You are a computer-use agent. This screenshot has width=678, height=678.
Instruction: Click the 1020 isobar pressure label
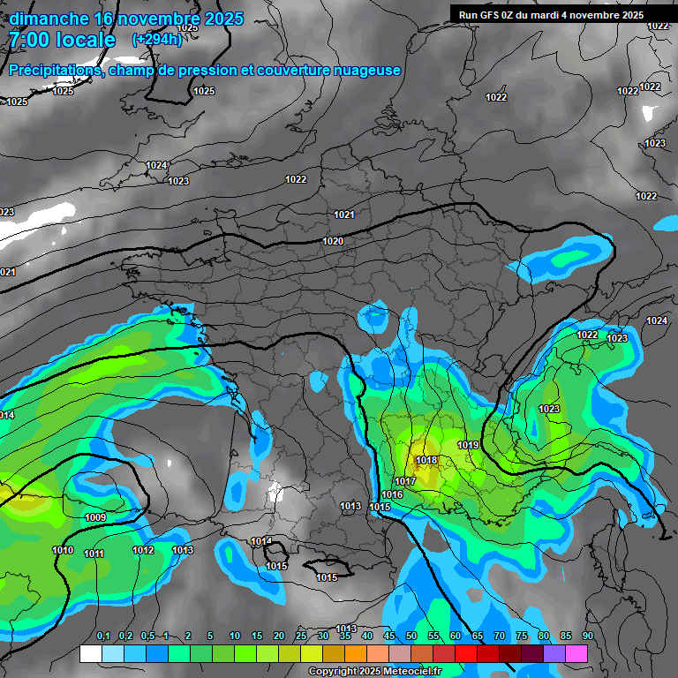(333, 241)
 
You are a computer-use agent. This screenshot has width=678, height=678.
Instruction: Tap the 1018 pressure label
(426, 460)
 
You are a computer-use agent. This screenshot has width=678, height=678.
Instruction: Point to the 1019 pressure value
(468, 445)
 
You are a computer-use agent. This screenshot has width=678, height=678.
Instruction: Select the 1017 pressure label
(405, 481)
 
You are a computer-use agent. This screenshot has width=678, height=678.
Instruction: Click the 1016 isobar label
(393, 494)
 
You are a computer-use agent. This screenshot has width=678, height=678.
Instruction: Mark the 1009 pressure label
(95, 517)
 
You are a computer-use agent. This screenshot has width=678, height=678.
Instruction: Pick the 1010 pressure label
(63, 550)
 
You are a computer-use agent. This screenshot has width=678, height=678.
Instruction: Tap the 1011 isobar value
(94, 554)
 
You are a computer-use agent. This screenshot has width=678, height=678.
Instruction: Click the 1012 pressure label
(143, 550)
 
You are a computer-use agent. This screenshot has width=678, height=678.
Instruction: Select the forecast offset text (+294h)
(156, 40)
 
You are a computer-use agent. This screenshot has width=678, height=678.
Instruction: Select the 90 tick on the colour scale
(587, 636)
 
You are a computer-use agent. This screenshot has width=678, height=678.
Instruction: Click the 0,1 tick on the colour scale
(103, 636)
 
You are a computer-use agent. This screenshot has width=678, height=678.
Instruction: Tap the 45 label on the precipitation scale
(389, 636)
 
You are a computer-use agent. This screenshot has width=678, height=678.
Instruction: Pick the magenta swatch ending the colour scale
(576, 653)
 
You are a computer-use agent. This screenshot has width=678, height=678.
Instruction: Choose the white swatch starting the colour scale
(90, 653)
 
